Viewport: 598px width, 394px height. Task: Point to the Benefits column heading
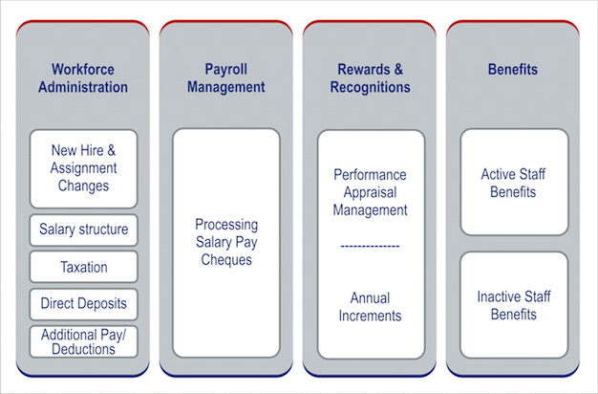point(513,70)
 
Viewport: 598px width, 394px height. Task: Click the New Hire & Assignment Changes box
point(83,168)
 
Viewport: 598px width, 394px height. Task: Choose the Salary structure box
point(83,230)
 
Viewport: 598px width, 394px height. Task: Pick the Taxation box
point(83,268)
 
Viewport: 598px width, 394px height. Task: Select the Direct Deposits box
point(83,305)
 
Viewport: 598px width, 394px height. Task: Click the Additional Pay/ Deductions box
point(83,341)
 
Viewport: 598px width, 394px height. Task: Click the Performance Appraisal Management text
point(370,192)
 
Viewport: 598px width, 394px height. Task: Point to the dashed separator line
point(370,247)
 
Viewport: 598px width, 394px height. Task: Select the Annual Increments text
point(370,306)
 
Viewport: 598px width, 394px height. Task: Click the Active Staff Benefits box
point(514,183)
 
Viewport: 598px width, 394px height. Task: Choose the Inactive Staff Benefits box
point(514,305)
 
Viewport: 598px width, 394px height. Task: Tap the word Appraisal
point(370,192)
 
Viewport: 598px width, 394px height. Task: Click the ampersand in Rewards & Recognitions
point(395,70)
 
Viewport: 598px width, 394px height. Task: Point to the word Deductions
point(84,349)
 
